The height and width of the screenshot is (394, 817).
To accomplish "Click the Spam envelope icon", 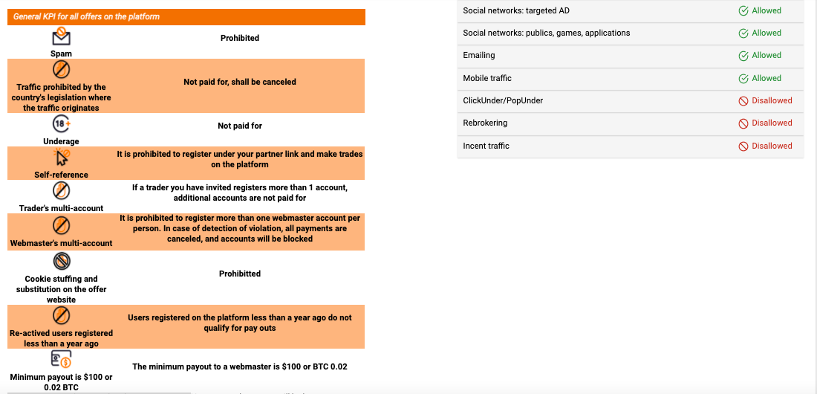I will pyautogui.click(x=61, y=36).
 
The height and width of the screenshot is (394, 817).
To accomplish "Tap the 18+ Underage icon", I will pyautogui.click(x=61, y=124).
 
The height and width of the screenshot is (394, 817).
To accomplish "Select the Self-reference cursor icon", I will pyautogui.click(x=62, y=158).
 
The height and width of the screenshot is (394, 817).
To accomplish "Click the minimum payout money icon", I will pyautogui.click(x=61, y=360).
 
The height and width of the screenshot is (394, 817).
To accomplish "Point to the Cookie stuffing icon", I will pyautogui.click(x=61, y=261).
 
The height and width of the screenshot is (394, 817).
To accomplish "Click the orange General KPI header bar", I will pyautogui.click(x=186, y=16).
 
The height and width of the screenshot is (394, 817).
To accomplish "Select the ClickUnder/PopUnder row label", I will pyautogui.click(x=503, y=101).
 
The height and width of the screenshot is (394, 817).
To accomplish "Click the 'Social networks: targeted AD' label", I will pyautogui.click(x=516, y=11).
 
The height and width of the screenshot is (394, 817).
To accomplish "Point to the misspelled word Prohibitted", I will pyautogui.click(x=240, y=274).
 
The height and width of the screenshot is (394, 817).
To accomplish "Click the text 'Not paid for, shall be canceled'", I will pyautogui.click(x=240, y=82).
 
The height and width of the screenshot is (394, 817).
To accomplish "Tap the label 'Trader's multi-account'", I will pyautogui.click(x=61, y=208).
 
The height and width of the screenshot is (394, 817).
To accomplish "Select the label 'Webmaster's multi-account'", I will pyautogui.click(x=61, y=243).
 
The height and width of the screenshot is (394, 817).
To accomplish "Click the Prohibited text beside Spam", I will pyautogui.click(x=240, y=38).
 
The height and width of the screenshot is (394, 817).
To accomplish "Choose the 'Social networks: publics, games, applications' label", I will pyautogui.click(x=546, y=33).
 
